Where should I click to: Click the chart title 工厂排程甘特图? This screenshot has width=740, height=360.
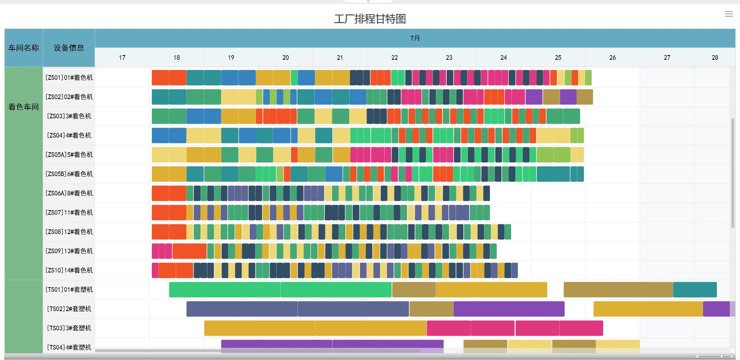(x=370, y=19)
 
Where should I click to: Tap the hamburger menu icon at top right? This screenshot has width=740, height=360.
(x=728, y=14)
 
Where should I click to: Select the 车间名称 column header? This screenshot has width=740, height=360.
(x=24, y=48)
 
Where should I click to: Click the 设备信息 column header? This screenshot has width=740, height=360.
(x=69, y=48)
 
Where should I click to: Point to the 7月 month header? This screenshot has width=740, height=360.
(x=415, y=38)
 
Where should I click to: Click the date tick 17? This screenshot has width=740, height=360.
(x=122, y=57)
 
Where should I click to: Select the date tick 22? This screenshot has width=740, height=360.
(x=394, y=57)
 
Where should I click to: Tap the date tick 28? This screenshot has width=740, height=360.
(x=715, y=57)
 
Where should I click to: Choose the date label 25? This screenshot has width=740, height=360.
(x=558, y=57)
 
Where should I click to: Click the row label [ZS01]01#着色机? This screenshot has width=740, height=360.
(x=69, y=77)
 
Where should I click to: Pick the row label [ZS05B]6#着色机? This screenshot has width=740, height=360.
(x=69, y=174)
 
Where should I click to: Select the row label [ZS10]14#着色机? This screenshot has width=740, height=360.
(x=69, y=270)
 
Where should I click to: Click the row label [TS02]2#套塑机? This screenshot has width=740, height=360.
(x=69, y=309)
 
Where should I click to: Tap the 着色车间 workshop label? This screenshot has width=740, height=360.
(x=24, y=107)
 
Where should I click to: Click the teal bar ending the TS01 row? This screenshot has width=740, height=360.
(x=695, y=290)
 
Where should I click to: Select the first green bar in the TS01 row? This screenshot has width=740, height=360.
(x=224, y=290)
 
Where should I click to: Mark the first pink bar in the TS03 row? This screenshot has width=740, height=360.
(x=449, y=328)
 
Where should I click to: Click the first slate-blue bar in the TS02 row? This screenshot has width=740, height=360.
(x=242, y=309)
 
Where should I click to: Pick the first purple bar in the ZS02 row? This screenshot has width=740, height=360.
(x=534, y=97)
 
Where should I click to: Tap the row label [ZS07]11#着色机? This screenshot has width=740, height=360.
(x=69, y=212)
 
